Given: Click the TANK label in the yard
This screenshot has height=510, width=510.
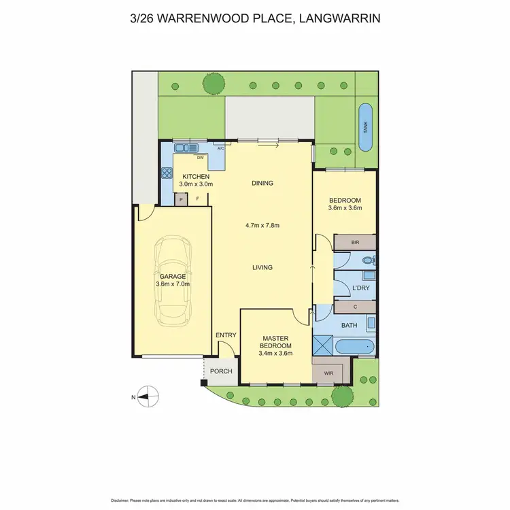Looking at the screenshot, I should click(365, 126).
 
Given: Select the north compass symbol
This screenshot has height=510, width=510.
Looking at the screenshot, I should click(148, 396).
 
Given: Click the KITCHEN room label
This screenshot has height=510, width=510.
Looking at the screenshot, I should click(196, 177).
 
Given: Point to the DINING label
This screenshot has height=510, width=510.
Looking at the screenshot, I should click(262, 183).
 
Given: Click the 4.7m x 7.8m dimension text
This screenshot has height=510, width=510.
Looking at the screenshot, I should click(262, 226).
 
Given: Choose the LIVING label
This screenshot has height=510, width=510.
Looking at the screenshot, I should click(262, 267).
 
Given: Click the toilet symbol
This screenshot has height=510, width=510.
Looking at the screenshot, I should click(368, 259).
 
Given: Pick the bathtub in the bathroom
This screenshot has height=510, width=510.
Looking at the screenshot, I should click(355, 347).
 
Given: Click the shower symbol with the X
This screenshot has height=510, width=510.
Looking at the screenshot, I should click(323, 346).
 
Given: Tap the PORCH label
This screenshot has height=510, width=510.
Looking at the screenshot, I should click(220, 371).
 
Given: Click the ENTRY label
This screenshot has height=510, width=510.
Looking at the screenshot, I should click(225, 335).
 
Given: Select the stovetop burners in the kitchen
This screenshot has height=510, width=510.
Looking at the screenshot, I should click(167, 173).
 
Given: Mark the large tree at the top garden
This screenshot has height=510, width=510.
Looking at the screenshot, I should click(214, 84).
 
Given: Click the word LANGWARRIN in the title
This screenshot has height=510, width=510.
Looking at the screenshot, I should click(336, 18).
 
